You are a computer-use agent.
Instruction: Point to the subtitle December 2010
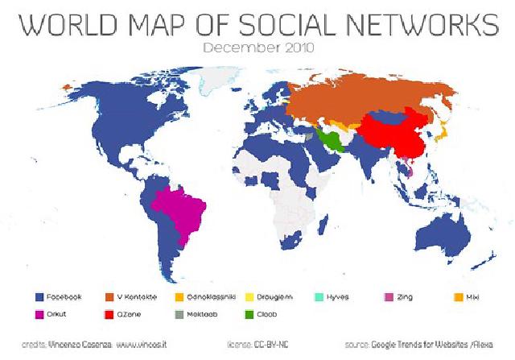[x=257, y=48]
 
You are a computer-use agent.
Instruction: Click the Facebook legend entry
[x=56, y=297]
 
